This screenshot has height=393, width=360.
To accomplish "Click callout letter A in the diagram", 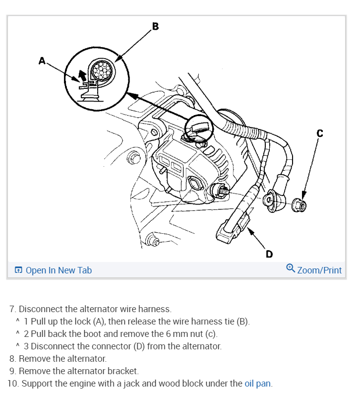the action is coord(42,61).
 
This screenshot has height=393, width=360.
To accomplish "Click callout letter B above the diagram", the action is coord(155,26).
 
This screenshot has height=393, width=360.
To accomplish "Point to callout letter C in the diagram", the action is coord(319,132).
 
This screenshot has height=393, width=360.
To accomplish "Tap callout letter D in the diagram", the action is coord(269,254).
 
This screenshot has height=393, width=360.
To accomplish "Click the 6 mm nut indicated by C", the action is coord(300,204).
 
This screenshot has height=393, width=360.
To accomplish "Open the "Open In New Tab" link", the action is coord(59,270).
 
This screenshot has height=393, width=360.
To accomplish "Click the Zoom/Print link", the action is coord(319,270).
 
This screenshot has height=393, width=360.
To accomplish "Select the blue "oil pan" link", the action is coord(258,383).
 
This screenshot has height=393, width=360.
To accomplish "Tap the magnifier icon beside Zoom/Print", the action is coord(291,268).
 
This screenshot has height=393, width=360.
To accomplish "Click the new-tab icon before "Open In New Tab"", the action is coord(18,270).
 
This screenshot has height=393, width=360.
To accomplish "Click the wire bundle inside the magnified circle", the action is coord(104,69).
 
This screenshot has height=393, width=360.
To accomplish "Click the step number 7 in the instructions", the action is coord(12,309).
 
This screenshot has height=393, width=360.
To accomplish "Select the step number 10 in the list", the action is coord(13,383).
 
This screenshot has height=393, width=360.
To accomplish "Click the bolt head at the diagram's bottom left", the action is coord(154,242).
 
